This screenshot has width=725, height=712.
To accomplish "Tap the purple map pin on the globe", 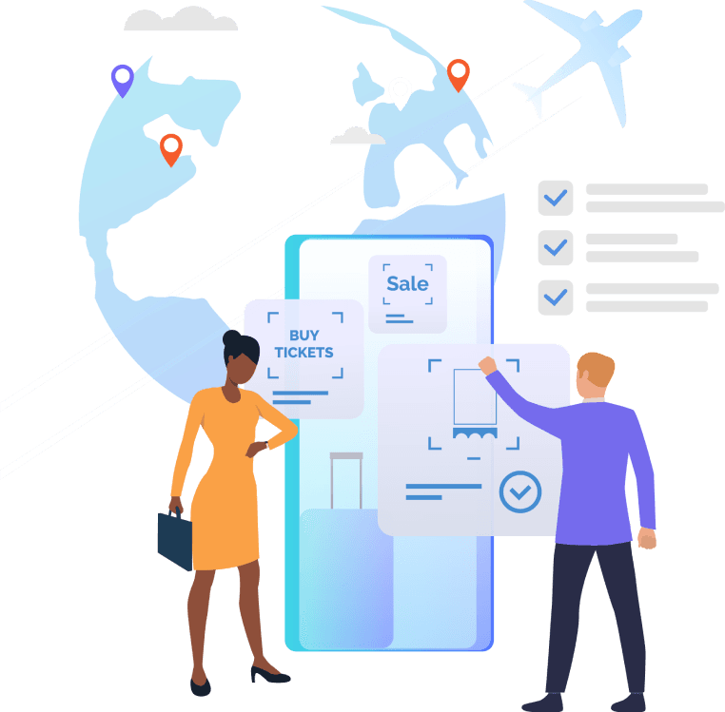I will (x=122, y=78).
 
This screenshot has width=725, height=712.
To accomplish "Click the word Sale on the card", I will (x=407, y=283).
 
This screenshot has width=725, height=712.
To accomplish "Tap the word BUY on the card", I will (x=304, y=336).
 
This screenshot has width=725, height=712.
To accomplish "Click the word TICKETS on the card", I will (x=304, y=352).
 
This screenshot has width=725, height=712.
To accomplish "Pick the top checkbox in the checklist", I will (x=556, y=199).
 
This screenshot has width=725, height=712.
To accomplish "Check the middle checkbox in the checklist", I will (x=556, y=248).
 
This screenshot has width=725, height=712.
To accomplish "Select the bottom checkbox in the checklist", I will (x=556, y=297).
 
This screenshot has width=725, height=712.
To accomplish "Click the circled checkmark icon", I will (x=519, y=491).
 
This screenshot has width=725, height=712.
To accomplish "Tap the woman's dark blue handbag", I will (x=174, y=536).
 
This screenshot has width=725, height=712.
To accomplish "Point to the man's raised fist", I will (x=488, y=366).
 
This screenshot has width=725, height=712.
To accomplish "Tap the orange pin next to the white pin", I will (x=459, y=73).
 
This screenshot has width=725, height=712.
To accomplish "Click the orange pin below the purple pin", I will (x=170, y=147).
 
